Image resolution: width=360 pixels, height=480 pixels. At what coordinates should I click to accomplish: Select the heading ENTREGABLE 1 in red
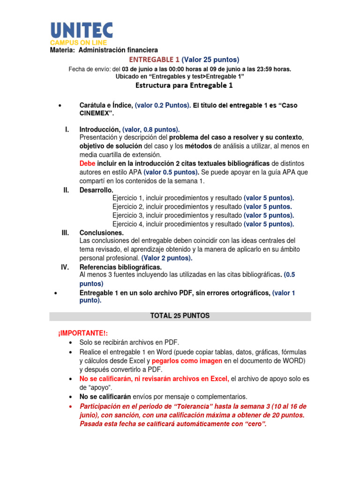[154, 60]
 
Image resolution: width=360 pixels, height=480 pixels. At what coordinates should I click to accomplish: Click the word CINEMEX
[96, 113]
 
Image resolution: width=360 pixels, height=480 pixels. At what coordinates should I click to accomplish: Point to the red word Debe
[87, 164]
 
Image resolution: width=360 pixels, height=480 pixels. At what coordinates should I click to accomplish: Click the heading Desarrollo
[96, 189]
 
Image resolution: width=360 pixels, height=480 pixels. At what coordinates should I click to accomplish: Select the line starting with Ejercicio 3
[203, 215]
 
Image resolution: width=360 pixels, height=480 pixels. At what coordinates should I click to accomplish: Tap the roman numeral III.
[65, 232]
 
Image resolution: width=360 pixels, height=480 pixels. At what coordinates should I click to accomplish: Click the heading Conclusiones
[102, 232]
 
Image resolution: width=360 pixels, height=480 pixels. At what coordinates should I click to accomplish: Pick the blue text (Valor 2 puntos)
[167, 258]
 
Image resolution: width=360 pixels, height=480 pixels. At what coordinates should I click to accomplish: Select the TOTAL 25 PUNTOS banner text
[180, 316]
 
